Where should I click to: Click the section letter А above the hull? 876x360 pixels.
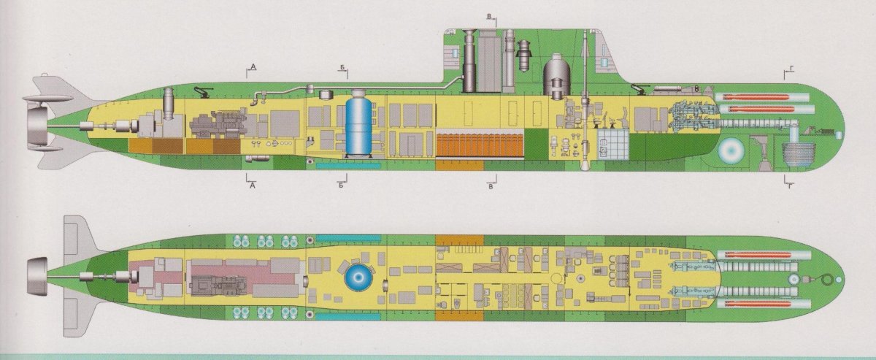pyautogui.click(x=253, y=67)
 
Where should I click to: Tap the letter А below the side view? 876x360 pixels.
pyautogui.click(x=253, y=186)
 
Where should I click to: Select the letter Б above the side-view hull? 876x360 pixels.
pyautogui.click(x=342, y=68)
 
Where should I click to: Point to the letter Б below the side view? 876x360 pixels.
pyautogui.click(x=341, y=185)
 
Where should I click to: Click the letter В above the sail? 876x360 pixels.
pyautogui.click(x=489, y=17)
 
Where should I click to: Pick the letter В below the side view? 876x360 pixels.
pyautogui.click(x=491, y=187)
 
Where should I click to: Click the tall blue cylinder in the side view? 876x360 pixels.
pyautogui.click(x=358, y=123)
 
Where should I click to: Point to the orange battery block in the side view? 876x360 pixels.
pyautogui.click(x=480, y=145)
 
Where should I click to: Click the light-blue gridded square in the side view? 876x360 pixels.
pyautogui.click(x=612, y=145)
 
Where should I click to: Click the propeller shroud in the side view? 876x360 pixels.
pyautogui.click(x=37, y=125)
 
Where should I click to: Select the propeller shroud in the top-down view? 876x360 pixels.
pyautogui.click(x=37, y=277)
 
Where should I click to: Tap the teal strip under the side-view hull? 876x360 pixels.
pyautogui.click(x=348, y=166)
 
